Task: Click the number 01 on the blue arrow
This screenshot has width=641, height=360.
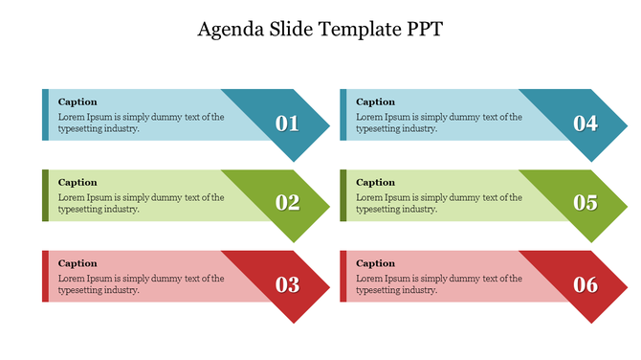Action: [x=287, y=124]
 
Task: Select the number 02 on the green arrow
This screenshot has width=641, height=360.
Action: [x=287, y=203]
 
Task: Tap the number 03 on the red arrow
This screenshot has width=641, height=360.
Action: [x=287, y=284]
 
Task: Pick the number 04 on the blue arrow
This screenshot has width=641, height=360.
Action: [x=586, y=124]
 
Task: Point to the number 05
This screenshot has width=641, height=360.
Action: [x=586, y=203]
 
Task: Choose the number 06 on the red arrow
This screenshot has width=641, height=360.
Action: [x=586, y=284]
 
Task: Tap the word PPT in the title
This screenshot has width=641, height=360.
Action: [x=422, y=30]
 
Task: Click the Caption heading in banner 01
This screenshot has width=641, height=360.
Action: [x=77, y=101]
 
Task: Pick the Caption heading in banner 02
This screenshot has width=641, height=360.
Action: [x=77, y=182]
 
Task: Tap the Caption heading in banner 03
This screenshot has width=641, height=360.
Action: [x=77, y=263]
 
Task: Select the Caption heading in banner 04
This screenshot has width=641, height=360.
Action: [x=375, y=101]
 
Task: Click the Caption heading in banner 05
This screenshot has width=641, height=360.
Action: [x=375, y=182]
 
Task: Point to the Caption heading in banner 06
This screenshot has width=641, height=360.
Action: [x=375, y=263]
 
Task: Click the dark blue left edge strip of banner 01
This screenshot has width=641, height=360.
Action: [x=45, y=115]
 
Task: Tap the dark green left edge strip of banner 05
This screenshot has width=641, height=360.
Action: [x=343, y=195]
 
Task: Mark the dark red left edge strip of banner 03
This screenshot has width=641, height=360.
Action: [x=45, y=277]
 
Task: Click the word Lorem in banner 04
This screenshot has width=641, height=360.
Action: [x=369, y=117]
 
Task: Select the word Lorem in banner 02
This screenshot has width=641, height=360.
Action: [x=71, y=197]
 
